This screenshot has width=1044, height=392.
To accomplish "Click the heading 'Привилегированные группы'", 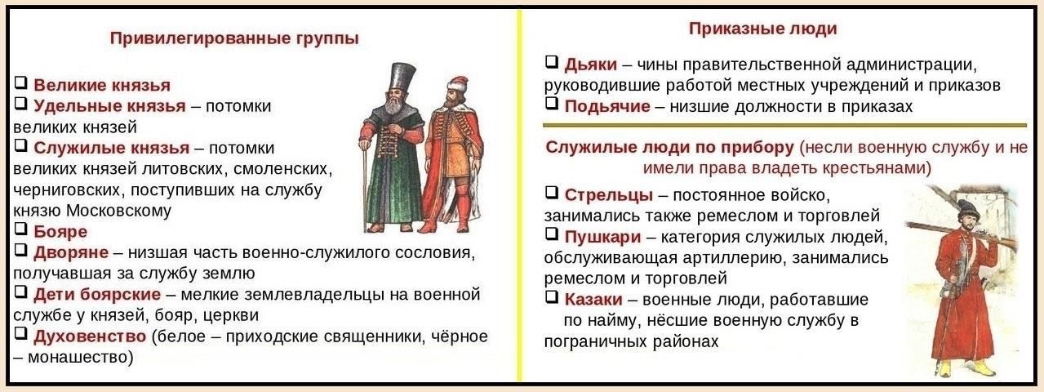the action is point(234,38).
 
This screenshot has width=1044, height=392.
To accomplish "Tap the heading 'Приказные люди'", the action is point(763,29).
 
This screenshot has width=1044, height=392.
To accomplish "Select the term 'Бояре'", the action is point(60,232).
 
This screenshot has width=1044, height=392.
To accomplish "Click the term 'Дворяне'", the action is point(71,252).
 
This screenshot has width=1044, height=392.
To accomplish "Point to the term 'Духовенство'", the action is point(90,336).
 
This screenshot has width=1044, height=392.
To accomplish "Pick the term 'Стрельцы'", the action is point(609,195).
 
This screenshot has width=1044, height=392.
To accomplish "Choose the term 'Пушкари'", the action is point(603,237).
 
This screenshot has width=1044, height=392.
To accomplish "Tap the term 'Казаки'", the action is point(593,299).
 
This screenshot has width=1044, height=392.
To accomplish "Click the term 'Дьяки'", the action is point(591,65).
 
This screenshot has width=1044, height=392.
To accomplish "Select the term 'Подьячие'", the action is point(607,107).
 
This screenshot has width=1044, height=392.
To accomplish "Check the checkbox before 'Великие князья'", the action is point(20,83).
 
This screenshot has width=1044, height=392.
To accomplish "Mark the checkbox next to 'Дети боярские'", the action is point(20,292).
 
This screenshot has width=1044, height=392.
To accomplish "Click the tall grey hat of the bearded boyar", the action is point(402,77).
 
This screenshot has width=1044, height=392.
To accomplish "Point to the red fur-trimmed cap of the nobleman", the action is point(458,85).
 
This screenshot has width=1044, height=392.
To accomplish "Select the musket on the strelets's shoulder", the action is point(961,235).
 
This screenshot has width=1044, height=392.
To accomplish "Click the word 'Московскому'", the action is point(119,212).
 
